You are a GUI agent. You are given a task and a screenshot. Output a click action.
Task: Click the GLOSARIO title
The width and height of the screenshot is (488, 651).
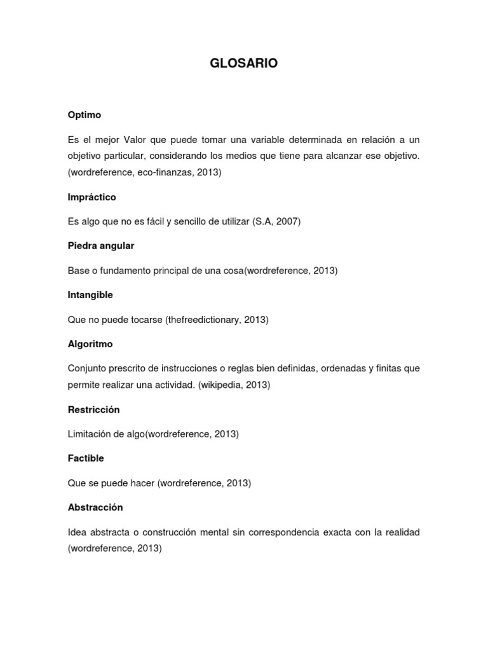(243, 64)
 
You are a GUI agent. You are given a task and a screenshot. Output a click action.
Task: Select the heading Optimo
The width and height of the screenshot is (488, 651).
(84, 115)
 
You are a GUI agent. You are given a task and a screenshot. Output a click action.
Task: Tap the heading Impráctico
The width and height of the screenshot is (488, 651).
(91, 197)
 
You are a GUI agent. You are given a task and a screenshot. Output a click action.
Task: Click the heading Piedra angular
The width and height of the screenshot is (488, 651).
(100, 245)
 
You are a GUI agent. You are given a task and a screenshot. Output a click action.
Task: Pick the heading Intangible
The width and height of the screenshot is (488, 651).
(90, 295)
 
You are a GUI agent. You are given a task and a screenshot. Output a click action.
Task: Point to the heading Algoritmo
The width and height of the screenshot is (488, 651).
(90, 344)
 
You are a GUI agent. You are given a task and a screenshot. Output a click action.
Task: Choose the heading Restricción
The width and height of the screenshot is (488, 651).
(93, 409)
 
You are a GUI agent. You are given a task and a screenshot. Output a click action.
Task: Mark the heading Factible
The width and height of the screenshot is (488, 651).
(85, 458)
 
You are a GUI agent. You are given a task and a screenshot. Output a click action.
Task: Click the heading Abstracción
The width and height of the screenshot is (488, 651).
(95, 507)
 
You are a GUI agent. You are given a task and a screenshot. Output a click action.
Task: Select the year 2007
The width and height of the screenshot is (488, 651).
(288, 221)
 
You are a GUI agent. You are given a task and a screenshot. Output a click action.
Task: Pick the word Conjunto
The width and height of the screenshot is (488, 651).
(86, 369)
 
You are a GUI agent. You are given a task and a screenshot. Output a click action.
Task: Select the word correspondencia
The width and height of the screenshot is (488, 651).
(297, 532)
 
